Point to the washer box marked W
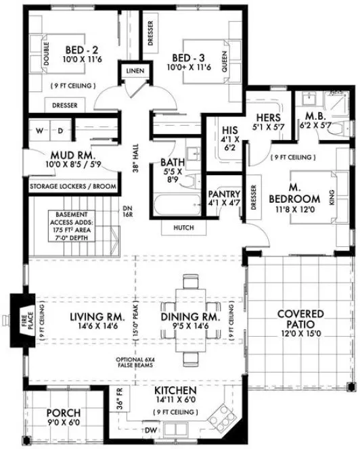[x=39, y=130]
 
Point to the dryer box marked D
[x=59, y=130]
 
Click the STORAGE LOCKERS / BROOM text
[x=72, y=186]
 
